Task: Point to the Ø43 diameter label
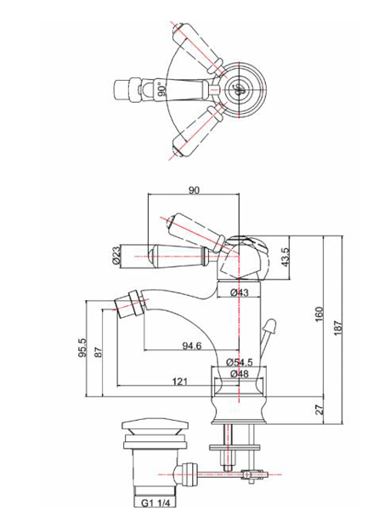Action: click(240, 293)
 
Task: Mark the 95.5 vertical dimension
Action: click(82, 348)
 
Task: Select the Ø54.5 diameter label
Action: click(241, 363)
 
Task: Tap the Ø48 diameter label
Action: click(240, 374)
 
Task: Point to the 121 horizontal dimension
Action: click(179, 383)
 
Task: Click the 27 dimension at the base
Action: click(319, 410)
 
